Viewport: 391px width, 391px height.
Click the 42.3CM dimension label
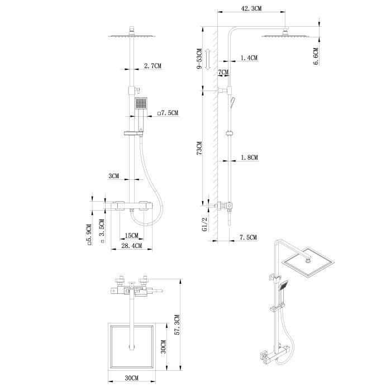[251, 8]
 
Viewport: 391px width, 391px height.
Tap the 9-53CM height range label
[199, 59]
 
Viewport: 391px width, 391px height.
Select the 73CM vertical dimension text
[199, 148]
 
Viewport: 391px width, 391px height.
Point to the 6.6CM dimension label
[316, 56]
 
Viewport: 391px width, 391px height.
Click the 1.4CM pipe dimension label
[249, 58]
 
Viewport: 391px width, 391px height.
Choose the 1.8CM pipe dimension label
[249, 158]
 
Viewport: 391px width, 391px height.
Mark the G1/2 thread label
[204, 224]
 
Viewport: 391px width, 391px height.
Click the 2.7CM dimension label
[152, 66]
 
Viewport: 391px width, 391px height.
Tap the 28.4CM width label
[131, 246]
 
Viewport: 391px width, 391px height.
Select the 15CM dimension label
[131, 235]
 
